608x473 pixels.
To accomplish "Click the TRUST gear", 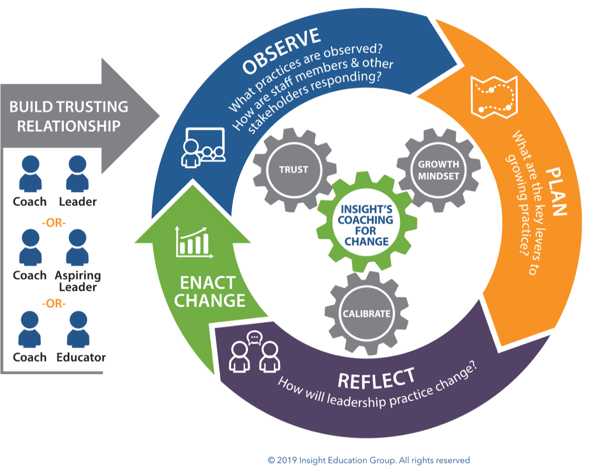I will [x=294, y=170].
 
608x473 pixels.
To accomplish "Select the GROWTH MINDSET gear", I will [x=439, y=170].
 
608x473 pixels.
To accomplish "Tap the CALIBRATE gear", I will [x=366, y=314].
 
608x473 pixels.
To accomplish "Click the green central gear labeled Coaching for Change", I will [x=366, y=225].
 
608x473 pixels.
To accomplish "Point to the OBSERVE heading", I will [x=281, y=51].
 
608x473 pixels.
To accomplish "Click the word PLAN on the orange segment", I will [x=556, y=191].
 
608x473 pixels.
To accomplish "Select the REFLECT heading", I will [x=376, y=379].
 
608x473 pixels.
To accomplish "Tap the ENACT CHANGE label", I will [x=210, y=292].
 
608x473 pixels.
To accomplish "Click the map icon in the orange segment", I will [x=494, y=97].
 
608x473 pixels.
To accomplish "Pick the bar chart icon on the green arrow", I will [x=194, y=242].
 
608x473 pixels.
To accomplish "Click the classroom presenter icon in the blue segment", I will [x=203, y=148].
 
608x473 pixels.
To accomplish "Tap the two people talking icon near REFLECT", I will [x=254, y=351].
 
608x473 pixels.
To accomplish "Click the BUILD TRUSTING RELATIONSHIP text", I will [x=69, y=116].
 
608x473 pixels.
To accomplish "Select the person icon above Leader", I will [x=77, y=174].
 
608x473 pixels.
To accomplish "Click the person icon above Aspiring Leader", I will [x=77, y=247].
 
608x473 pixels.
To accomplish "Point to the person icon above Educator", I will [x=78, y=329].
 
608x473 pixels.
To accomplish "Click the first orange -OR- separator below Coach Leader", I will [x=53, y=223].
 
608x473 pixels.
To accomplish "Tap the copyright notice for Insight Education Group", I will [x=369, y=460].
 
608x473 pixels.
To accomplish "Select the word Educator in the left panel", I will [x=81, y=357].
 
